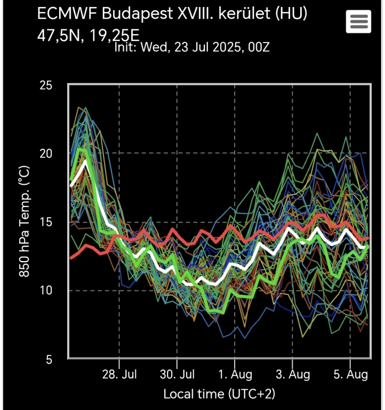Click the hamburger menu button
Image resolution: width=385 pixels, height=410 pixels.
click(x=358, y=22)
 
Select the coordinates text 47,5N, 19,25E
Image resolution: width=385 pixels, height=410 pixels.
click(x=89, y=36)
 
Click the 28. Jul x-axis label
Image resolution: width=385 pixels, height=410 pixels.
click(x=119, y=374)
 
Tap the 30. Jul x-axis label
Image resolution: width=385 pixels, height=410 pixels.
click(x=177, y=374)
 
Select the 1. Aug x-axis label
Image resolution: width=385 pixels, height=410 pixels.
click(x=235, y=374)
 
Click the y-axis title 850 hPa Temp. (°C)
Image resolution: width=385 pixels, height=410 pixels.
click(x=24, y=222)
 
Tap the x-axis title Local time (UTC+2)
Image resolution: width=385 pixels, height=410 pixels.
click(x=219, y=395)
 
